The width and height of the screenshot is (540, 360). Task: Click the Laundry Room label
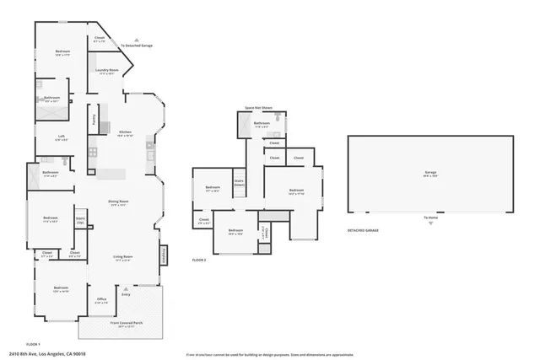tap(106, 70)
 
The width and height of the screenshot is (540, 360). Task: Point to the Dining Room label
tap(117, 201)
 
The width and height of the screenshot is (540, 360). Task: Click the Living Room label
tap(123, 256)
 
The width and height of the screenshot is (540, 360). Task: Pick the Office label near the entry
tap(100, 298)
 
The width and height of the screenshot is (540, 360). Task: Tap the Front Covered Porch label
tap(126, 322)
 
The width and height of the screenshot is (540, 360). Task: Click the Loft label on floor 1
tap(62, 137)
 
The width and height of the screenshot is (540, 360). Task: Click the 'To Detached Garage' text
tap(136, 46)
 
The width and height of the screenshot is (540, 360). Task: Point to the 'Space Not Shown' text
tap(259, 108)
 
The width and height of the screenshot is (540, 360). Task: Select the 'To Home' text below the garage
tap(431, 218)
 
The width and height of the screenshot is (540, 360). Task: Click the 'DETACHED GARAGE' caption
tap(363, 230)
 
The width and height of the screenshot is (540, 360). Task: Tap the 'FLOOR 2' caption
tap(199, 261)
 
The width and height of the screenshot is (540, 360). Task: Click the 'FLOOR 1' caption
tap(34, 344)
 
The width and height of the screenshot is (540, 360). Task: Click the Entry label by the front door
tap(126, 294)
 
